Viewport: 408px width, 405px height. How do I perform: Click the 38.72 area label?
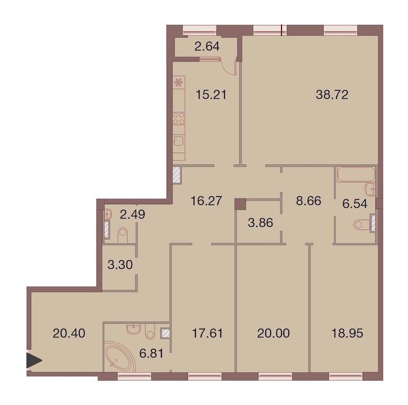point(332,95)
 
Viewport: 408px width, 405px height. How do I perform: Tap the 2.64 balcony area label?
point(207,47)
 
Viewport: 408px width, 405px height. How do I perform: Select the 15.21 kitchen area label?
point(211,95)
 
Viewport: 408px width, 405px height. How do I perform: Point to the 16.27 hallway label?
point(206,201)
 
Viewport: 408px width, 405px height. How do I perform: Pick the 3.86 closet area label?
point(261,223)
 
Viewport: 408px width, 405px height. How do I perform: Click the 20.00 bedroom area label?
point(273,333)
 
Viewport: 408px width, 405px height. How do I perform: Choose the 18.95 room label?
point(347,333)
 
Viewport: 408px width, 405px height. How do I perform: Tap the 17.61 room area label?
point(207,333)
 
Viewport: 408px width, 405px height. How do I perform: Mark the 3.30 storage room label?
point(120,265)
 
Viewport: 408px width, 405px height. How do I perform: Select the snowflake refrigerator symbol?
point(179,82)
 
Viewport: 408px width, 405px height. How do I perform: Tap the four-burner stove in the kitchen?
point(179,119)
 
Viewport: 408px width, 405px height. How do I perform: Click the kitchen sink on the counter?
point(179,142)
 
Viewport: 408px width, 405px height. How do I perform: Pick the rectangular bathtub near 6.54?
point(356,174)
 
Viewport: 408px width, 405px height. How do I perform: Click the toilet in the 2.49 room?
point(123,235)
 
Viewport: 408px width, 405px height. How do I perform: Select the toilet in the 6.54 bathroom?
point(362,224)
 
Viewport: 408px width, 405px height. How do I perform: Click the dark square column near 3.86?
point(240,204)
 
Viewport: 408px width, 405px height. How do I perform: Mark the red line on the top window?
point(282,29)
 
